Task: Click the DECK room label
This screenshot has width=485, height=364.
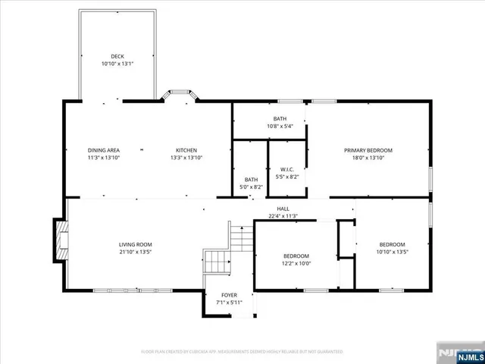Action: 117,56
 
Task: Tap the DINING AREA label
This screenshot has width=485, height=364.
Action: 103,149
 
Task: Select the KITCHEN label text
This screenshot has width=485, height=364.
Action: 186,149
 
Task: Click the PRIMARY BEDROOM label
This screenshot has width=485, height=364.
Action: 368,150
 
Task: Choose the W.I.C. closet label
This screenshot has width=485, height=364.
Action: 287,169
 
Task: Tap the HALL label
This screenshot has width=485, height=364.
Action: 283,209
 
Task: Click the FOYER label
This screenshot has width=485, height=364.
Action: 229,296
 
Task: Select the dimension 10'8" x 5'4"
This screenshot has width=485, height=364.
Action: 280,127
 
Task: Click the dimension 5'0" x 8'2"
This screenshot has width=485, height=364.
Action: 251,187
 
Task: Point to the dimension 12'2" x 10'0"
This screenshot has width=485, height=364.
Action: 297,263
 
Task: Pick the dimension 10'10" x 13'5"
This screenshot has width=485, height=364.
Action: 392,252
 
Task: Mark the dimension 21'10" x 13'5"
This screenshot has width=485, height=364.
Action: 136,252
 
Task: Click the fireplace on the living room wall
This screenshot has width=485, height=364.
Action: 60,240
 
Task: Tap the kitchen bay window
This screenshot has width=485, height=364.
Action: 180,95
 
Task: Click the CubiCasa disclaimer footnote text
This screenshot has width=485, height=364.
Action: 242,352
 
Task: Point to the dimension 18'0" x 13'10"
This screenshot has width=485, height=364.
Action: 368,158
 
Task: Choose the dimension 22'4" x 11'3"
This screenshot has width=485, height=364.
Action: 283,216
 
